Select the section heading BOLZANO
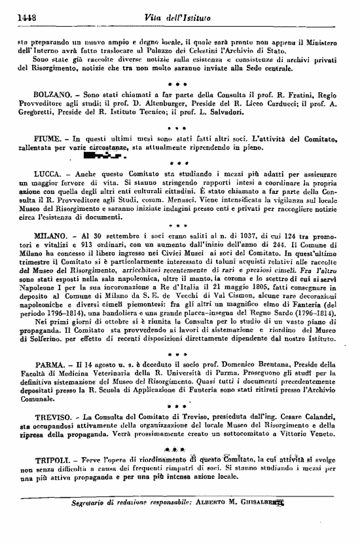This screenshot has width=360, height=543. (x=52, y=94)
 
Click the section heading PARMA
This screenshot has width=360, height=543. (x=49, y=364)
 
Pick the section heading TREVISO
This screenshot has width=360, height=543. (x=52, y=416)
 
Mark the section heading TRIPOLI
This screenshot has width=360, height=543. (x=52, y=460)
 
